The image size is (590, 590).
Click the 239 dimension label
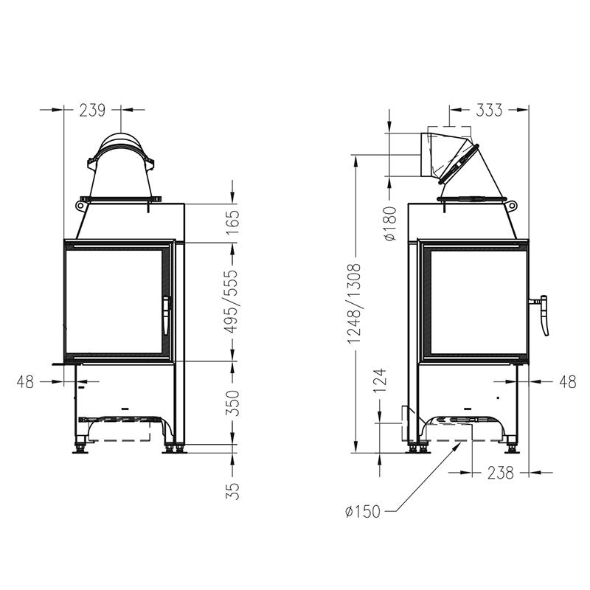(x=93, y=110)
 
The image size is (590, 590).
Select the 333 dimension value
(x=489, y=110)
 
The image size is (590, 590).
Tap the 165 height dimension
(x=232, y=222)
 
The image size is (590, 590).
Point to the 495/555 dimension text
(x=232, y=302)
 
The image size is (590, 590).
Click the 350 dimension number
(x=232, y=403)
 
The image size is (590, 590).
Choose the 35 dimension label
(x=232, y=491)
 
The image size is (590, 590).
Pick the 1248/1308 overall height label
(x=355, y=304)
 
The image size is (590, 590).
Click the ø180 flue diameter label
(x=391, y=223)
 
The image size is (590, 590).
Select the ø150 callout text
(x=363, y=511)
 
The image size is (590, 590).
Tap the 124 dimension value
(x=380, y=381)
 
